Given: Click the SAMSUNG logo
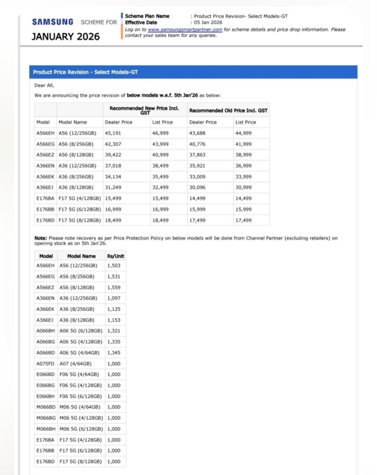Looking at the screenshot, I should pyautogui.click(x=53, y=22).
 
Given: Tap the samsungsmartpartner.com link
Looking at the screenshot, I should pyautogui.click(x=185, y=30).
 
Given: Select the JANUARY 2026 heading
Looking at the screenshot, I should pyautogui.click(x=66, y=37).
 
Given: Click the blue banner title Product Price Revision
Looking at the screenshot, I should pyautogui.click(x=85, y=72).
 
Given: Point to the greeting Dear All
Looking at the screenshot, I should pyautogui.click(x=44, y=85).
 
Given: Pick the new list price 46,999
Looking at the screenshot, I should pyautogui.click(x=160, y=133).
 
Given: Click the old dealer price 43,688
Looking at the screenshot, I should pyautogui.click(x=198, y=133).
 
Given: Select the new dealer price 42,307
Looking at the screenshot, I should pyautogui.click(x=113, y=144).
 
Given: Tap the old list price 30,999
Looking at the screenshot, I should pyautogui.click(x=243, y=188).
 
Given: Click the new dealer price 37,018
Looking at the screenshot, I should pyautogui.click(x=113, y=166).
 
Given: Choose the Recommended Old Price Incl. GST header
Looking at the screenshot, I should pyautogui.click(x=228, y=111).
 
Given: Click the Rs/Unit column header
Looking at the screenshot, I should pyautogui.click(x=115, y=256).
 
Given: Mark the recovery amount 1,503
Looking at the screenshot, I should pyautogui.click(x=113, y=266).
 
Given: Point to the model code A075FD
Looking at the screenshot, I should pyautogui.click(x=45, y=363).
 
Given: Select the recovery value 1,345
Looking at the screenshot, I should pyautogui.click(x=113, y=353).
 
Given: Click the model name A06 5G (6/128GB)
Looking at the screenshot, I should pyautogui.click(x=81, y=331).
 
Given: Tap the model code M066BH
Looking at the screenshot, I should pyautogui.click(x=45, y=429).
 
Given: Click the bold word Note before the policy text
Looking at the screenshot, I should pyautogui.click(x=40, y=238).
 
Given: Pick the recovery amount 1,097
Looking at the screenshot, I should pyautogui.click(x=113, y=298).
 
